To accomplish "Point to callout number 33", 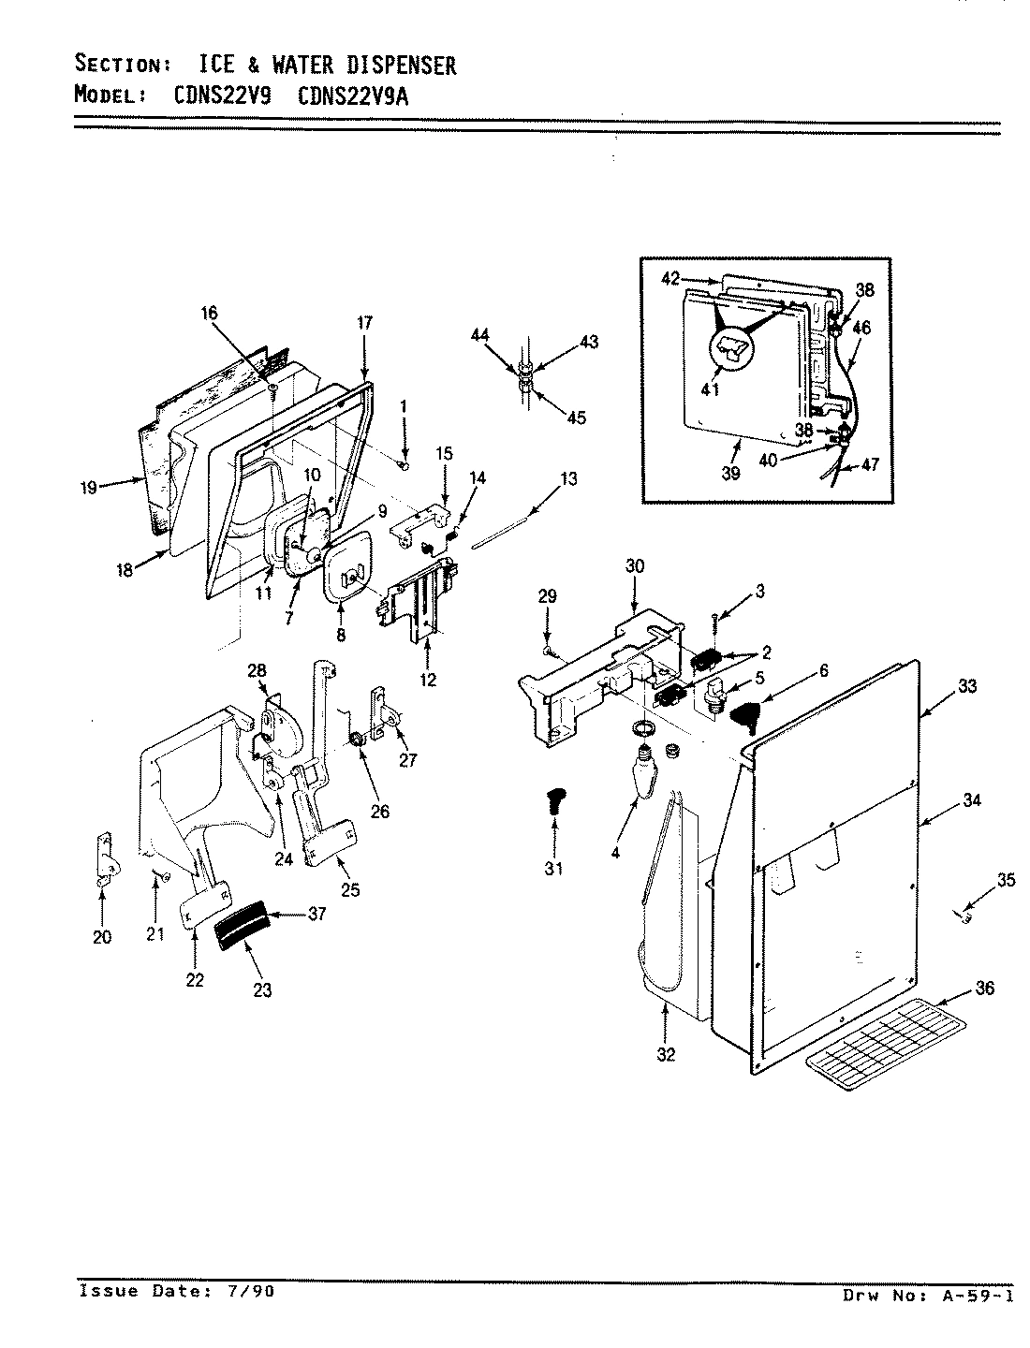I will [x=967, y=687].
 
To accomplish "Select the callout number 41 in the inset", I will [x=710, y=389].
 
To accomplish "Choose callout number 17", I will [x=364, y=324].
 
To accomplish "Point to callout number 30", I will [x=635, y=565].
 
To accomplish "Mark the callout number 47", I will [x=870, y=463].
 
